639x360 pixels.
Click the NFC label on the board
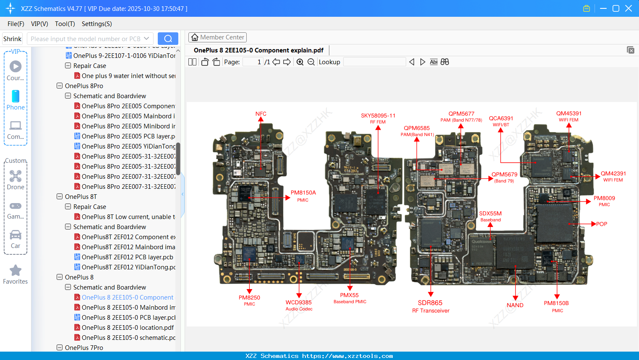(261, 114)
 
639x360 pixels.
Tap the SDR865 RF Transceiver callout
(430, 306)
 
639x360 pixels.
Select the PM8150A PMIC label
(303, 196)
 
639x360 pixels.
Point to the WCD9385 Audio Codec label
(299, 305)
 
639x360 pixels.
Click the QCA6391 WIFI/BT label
(501, 121)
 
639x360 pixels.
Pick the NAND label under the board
(515, 305)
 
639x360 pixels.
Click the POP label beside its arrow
(602, 224)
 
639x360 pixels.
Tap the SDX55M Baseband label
(490, 216)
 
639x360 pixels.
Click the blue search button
(168, 39)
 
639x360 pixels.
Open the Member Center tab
(217, 37)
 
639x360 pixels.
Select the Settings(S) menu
(97, 24)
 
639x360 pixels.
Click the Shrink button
(13, 39)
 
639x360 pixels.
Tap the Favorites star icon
(16, 271)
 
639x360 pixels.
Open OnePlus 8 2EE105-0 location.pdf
(128, 327)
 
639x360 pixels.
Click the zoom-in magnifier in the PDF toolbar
(300, 62)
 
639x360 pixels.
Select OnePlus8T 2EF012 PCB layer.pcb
(127, 257)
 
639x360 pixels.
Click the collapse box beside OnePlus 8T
(60, 196)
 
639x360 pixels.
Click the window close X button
(628, 8)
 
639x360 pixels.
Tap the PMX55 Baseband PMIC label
(349, 298)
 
